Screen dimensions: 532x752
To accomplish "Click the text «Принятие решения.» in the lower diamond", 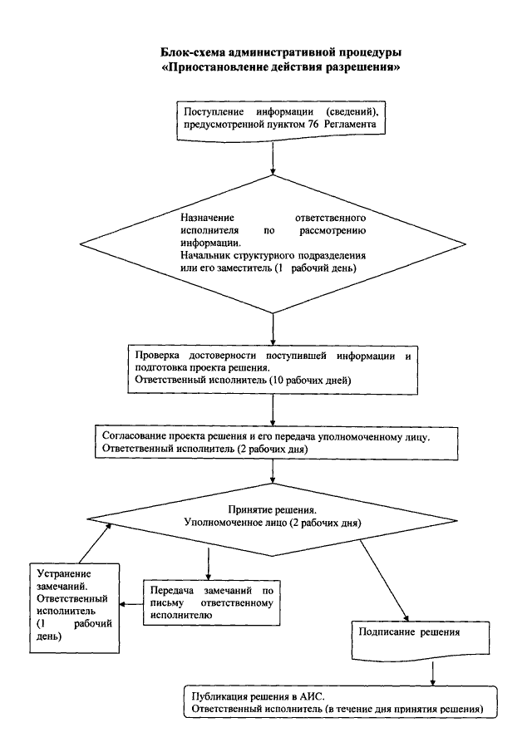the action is (x=272, y=510).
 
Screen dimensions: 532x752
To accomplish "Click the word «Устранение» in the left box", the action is (x=64, y=573).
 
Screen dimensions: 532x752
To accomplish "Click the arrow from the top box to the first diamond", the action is (x=273, y=157).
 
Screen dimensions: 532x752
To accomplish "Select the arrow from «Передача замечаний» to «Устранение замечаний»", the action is (x=131, y=604).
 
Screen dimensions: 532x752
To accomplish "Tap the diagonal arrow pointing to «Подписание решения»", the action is (x=384, y=580).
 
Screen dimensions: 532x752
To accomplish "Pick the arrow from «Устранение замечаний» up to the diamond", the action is (x=95, y=543).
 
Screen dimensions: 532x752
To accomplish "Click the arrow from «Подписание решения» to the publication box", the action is (x=433, y=674).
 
